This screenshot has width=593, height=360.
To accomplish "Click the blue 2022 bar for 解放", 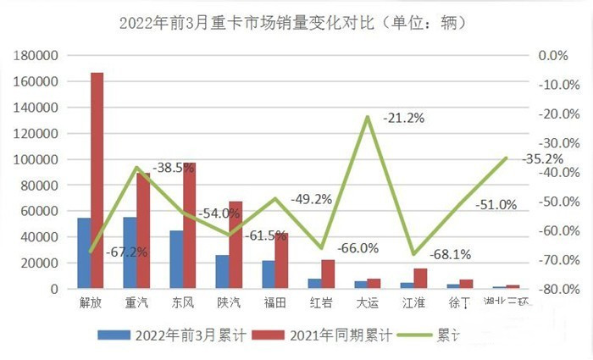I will (84, 253).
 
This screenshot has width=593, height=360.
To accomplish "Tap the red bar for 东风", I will (189, 225).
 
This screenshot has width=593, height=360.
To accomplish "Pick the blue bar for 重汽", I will (130, 252).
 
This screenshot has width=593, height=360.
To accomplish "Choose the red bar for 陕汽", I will (235, 245).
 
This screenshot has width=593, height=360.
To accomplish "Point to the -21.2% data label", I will (403, 118).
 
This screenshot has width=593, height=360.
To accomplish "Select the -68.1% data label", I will (451, 254).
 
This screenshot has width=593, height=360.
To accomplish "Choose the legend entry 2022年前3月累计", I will (181, 335).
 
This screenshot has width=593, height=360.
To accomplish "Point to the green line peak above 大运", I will (367, 117).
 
